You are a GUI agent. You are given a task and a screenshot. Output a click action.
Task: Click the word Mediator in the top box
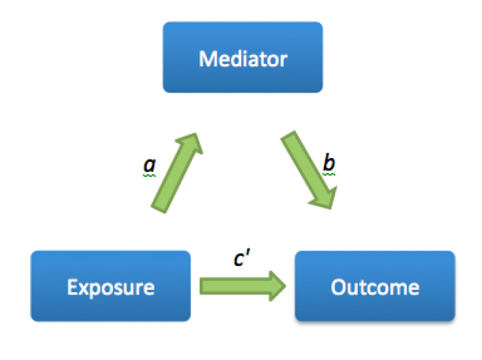[x=243, y=58]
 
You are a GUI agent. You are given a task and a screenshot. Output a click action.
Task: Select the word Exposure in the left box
[x=111, y=287]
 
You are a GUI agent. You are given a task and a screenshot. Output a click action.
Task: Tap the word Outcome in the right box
[x=374, y=287]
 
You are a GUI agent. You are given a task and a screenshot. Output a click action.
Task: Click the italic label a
[x=149, y=163]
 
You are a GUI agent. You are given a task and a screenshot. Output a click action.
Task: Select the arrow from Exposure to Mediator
[x=175, y=172]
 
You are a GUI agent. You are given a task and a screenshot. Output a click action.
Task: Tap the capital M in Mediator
[x=206, y=58]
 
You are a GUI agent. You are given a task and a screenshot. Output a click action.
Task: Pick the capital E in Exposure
[x=72, y=287]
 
